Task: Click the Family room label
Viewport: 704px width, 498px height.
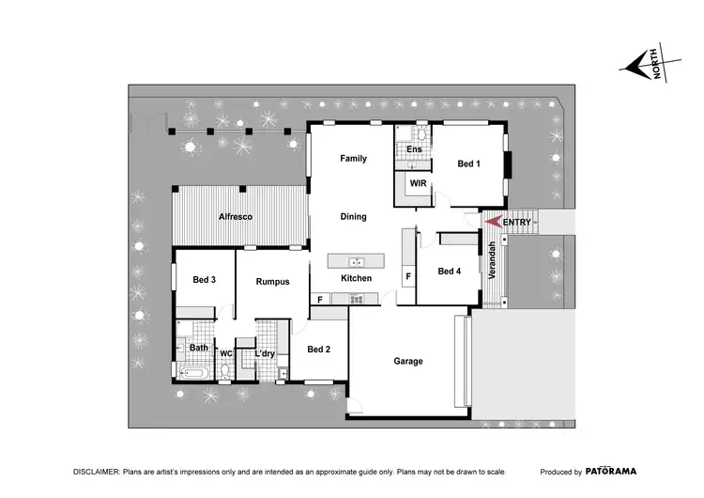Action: (353, 159)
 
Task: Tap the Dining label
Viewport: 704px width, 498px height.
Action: (353, 217)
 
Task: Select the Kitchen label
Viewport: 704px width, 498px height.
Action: (356, 278)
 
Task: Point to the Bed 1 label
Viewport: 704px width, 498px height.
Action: (468, 164)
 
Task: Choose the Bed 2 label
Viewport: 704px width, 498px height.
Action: (318, 350)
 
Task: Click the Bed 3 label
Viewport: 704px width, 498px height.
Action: (205, 280)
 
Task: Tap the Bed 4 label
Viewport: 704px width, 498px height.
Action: (450, 272)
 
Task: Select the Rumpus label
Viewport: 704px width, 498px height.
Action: (272, 281)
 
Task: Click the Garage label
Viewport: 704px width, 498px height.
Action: (408, 361)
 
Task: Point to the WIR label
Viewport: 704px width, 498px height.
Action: (418, 184)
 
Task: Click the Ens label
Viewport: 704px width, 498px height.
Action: (414, 149)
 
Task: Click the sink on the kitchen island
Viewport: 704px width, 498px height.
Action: (356, 261)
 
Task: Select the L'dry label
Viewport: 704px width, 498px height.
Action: (266, 354)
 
